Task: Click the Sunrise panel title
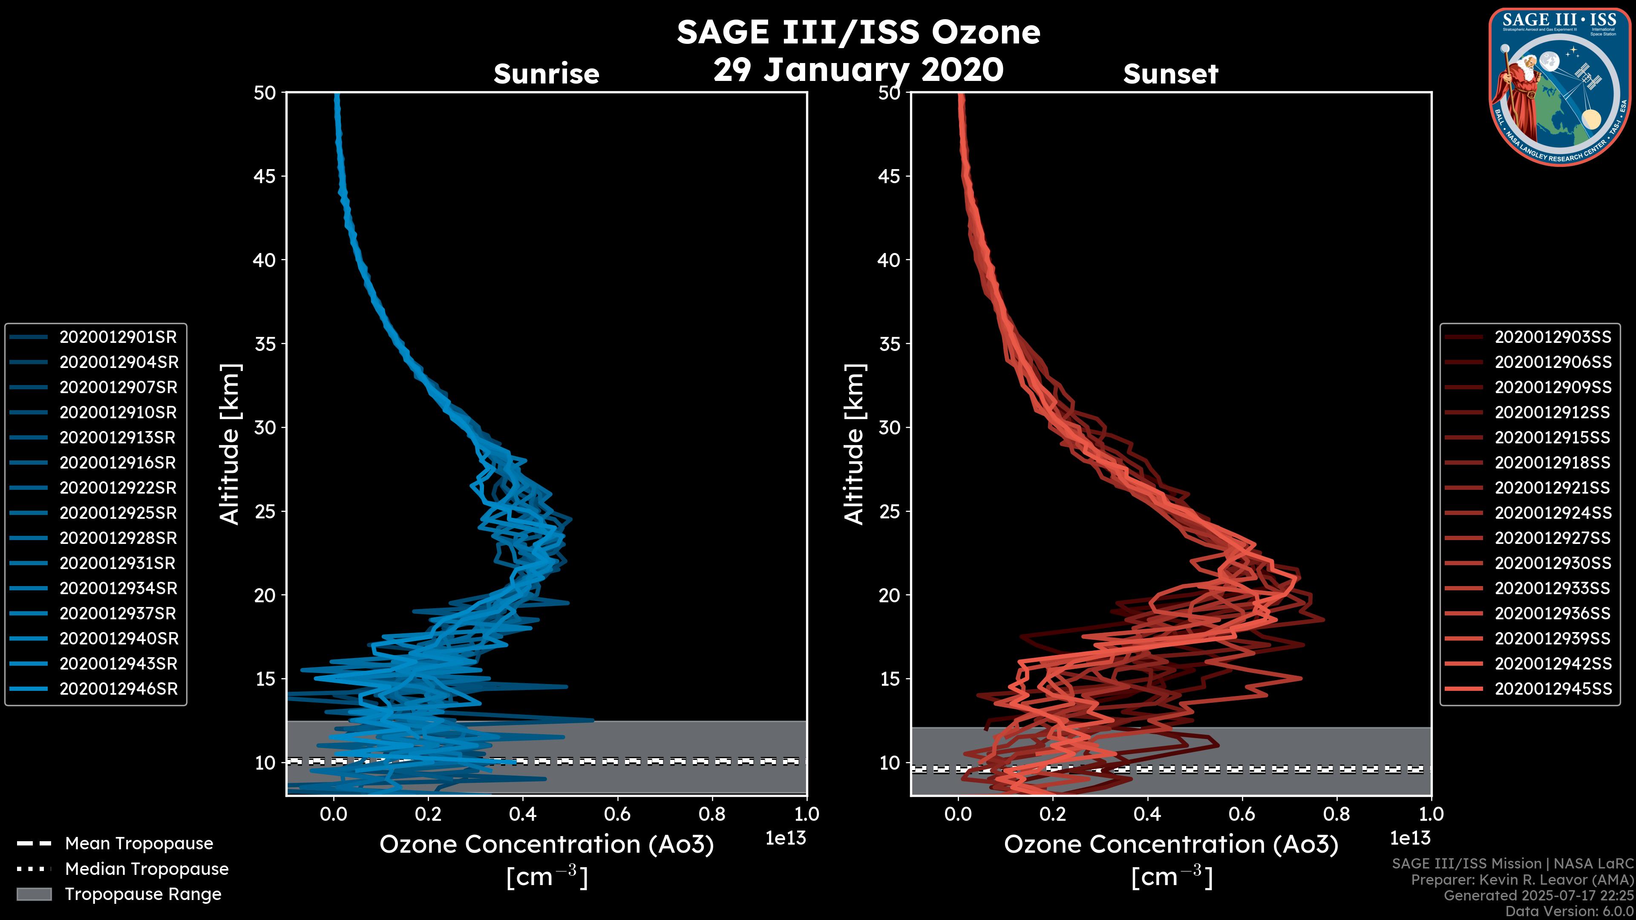tap(546, 74)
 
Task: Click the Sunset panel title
tap(1170, 74)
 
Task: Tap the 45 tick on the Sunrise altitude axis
tap(265, 176)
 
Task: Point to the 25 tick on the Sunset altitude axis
tap(889, 511)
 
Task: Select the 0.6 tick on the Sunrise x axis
tap(617, 814)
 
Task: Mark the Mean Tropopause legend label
tap(139, 843)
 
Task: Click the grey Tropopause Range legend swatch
tap(34, 894)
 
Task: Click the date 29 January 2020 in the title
tap(858, 70)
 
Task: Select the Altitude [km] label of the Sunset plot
tap(854, 444)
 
